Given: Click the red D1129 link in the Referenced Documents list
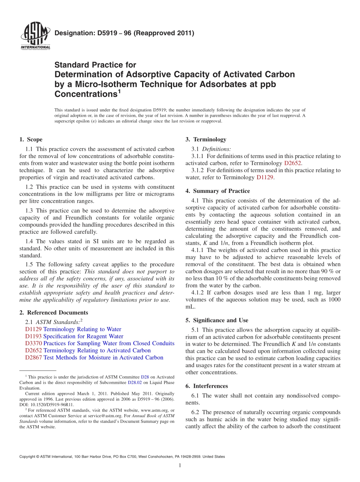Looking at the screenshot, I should coord(33,329).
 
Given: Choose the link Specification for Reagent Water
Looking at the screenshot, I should coord(83,336).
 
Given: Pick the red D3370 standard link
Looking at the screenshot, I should coord(33,343).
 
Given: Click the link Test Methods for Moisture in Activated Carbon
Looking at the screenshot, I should coord(103,357).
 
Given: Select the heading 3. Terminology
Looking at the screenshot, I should coord(206,139).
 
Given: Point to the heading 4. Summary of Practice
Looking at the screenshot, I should coord(218,191).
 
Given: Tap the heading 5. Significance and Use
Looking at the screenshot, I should coord(217,320).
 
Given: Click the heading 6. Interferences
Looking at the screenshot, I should coord(207,386).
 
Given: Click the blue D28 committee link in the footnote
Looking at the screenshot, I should coord(145,377).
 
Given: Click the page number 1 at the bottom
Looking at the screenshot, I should coord(180,466).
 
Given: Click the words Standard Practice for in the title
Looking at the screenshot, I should coord(95,65).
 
